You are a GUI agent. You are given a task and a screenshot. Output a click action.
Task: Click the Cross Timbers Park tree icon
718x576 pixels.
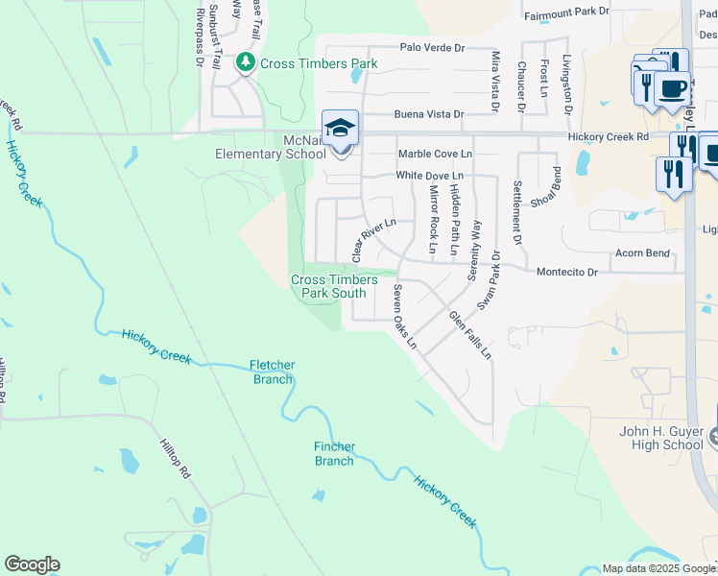point(246,63)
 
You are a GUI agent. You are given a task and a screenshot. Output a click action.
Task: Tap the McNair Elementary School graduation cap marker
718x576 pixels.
point(340,129)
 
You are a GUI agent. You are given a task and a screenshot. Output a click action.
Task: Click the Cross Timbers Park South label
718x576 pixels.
point(334,286)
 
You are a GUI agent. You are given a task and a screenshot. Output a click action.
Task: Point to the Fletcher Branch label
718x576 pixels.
point(272,372)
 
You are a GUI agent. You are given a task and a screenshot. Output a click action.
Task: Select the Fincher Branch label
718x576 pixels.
point(334,453)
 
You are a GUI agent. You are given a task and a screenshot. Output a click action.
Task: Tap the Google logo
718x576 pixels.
point(32,564)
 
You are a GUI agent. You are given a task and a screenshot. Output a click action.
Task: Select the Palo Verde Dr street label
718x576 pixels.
point(432,47)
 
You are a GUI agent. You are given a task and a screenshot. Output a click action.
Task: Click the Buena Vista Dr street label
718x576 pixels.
point(431,114)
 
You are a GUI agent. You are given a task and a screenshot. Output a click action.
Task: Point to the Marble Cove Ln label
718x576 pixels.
point(435,154)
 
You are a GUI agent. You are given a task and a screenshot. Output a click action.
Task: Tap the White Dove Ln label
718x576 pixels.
point(430,176)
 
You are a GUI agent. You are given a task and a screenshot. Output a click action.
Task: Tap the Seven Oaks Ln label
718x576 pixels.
point(404,316)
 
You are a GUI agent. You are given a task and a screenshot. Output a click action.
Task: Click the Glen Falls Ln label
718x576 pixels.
point(470,335)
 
